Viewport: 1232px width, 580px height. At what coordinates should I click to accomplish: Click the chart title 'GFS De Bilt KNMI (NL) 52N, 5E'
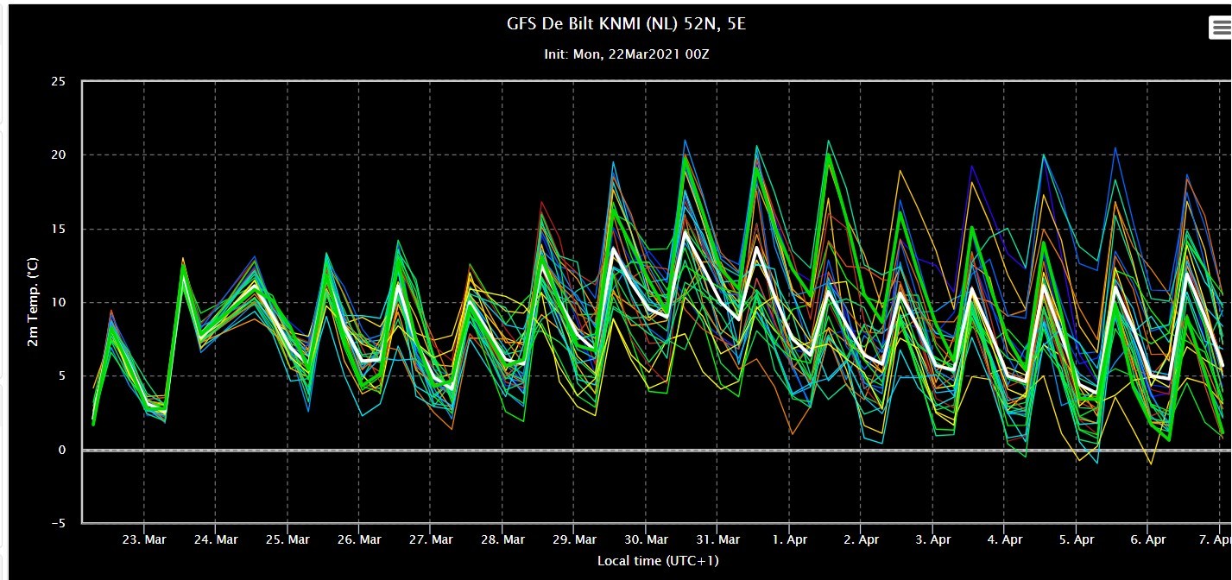[626, 24]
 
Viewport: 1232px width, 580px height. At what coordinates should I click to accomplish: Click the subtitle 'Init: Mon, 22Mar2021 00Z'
[627, 54]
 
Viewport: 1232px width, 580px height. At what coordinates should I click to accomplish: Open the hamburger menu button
[1219, 28]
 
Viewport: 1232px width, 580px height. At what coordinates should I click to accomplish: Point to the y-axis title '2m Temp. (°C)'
[33, 302]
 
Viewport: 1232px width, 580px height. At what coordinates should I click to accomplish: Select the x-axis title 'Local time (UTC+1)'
[658, 561]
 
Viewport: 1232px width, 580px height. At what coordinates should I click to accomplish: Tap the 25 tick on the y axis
[59, 81]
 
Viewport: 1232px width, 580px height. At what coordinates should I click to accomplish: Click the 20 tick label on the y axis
[59, 155]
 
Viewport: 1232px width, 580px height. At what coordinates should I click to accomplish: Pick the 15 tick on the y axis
[59, 229]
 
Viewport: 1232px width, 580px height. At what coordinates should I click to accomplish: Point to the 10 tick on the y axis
[59, 302]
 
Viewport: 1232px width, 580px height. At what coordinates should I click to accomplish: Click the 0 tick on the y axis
[62, 450]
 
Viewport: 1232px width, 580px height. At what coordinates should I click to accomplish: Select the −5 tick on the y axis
[59, 523]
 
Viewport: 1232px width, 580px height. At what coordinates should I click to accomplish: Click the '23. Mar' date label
[144, 540]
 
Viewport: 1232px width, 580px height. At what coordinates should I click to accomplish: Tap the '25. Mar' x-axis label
[287, 540]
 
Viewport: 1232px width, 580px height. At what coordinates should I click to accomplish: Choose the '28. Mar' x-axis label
[502, 540]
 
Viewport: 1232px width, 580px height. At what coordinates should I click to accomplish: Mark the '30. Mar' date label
[647, 540]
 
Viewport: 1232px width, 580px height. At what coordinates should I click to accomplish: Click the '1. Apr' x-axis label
[790, 540]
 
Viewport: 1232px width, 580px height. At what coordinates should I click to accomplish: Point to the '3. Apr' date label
[932, 540]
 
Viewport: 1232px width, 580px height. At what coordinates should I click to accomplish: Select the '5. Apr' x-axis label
[1077, 540]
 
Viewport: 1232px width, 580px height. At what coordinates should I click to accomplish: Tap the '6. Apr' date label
[1148, 540]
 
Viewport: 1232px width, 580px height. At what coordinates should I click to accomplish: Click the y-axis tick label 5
[62, 376]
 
